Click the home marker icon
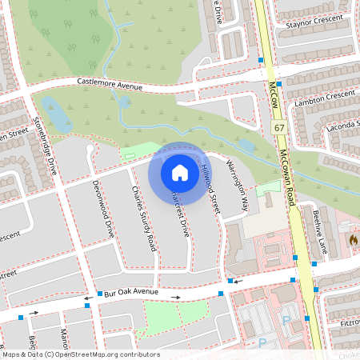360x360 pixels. point(180,172)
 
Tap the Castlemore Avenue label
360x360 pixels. point(110,83)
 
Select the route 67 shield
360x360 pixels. point(278,128)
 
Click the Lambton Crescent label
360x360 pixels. point(324,94)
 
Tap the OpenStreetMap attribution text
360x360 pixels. point(80,354)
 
